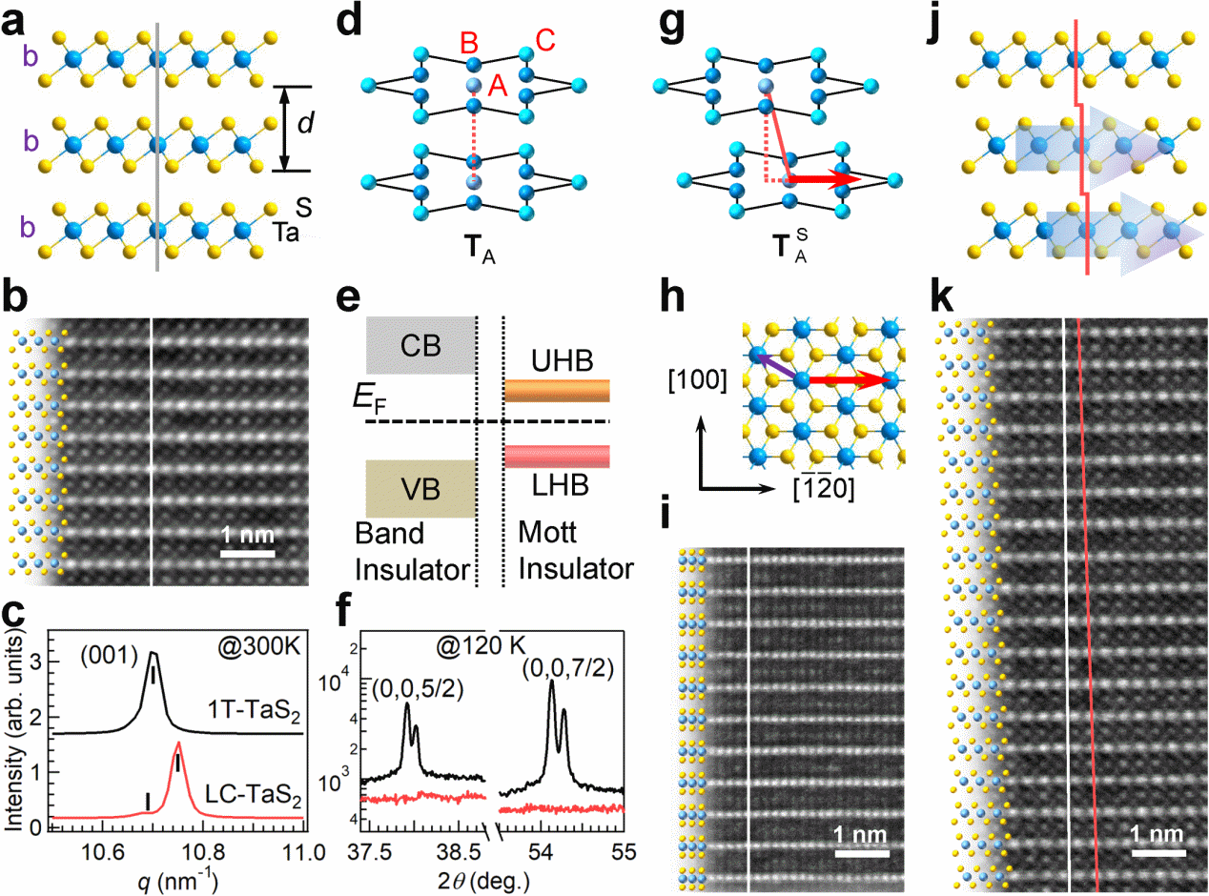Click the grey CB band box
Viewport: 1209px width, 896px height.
coord(420,344)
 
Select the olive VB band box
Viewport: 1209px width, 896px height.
coord(420,489)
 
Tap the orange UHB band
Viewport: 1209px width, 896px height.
coord(557,391)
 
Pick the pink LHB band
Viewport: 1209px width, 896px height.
coord(557,456)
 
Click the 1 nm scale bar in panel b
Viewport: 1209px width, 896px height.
coord(248,553)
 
